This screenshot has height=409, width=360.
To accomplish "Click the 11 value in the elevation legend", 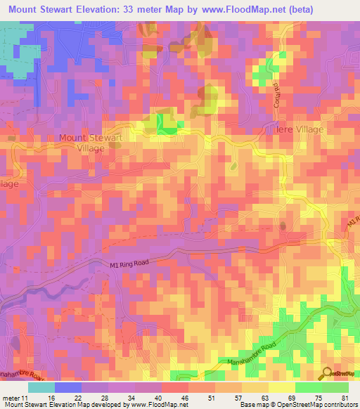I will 27,397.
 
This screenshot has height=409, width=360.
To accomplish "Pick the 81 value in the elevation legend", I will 344,397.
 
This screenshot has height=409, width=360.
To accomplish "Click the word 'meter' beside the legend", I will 11,397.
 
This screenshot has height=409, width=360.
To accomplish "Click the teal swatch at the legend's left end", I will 41,387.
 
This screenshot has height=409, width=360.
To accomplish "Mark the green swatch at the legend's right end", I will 335,387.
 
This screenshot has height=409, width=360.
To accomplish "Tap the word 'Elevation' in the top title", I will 94,9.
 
